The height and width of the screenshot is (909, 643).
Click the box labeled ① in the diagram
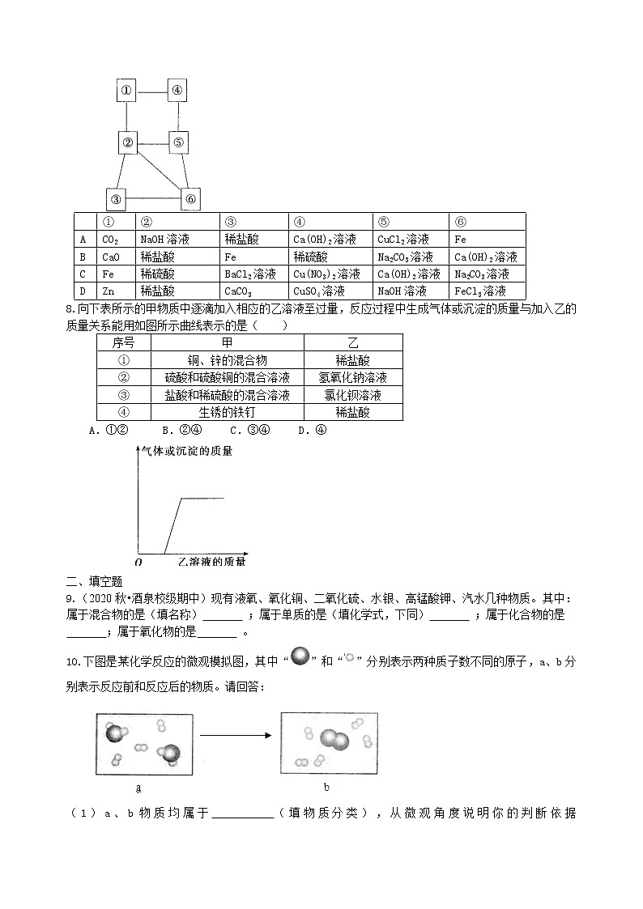[126, 91]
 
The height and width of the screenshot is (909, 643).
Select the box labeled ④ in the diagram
[177, 91]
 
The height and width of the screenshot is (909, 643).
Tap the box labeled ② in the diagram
[127, 143]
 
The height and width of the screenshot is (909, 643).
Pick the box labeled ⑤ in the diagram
[179, 143]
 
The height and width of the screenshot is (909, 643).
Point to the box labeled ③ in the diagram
[117, 199]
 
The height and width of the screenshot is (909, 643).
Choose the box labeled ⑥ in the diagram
[189, 199]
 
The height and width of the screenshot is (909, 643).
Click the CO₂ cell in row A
[110, 240]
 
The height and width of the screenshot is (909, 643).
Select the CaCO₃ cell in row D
[240, 291]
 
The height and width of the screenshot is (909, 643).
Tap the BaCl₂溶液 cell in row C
[250, 274]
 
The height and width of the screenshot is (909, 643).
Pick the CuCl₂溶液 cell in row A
[402, 240]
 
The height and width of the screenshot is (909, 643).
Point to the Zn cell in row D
[106, 291]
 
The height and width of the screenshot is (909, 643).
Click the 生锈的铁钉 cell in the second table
[228, 412]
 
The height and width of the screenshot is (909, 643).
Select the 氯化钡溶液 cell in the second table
[352, 395]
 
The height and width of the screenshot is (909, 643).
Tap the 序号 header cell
[123, 343]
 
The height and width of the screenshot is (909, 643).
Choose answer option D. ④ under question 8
[312, 431]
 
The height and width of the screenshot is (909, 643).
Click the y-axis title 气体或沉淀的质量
[187, 451]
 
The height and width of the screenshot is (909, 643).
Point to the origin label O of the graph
[138, 561]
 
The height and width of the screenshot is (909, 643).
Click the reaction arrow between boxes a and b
[235, 735]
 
